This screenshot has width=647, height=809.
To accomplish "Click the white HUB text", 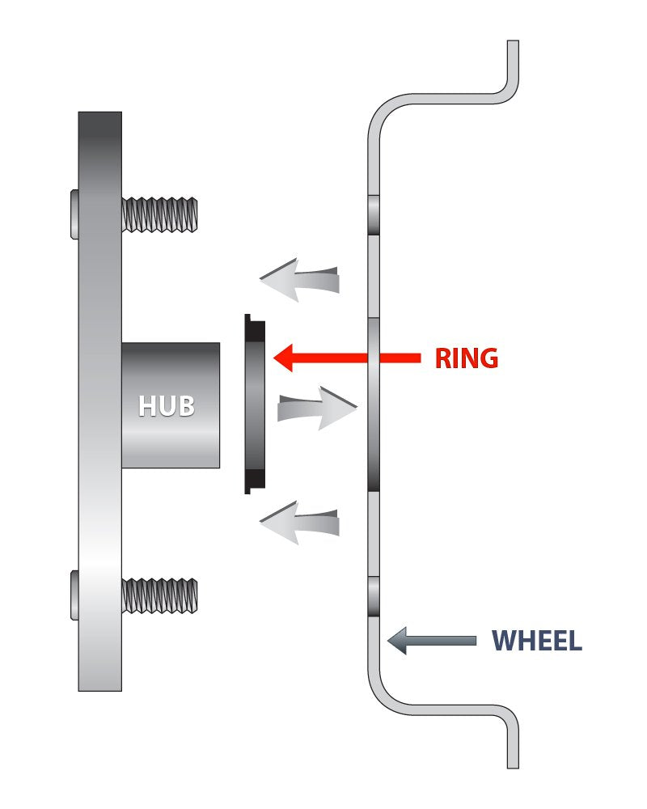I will tap(167, 405).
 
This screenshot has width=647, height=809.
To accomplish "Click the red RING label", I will tap(466, 358).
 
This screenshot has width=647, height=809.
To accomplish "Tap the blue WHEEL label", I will tap(537, 641).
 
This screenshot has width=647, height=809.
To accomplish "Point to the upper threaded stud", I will tap(159, 214).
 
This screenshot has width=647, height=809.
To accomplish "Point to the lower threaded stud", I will tap(159, 595).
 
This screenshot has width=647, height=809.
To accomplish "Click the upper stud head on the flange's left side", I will tap(74, 214).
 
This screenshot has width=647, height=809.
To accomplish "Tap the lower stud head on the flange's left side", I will tap(74, 595).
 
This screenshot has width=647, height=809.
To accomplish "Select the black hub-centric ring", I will tap(254, 404).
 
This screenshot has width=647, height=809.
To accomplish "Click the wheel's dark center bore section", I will tap(374, 404).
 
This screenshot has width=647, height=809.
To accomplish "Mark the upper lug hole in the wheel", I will tap(374, 214).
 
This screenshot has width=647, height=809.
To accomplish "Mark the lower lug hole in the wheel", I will tap(374, 596).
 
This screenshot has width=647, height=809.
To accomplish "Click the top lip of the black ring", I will tap(250, 320).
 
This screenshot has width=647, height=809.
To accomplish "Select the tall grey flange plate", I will tap(99, 485).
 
